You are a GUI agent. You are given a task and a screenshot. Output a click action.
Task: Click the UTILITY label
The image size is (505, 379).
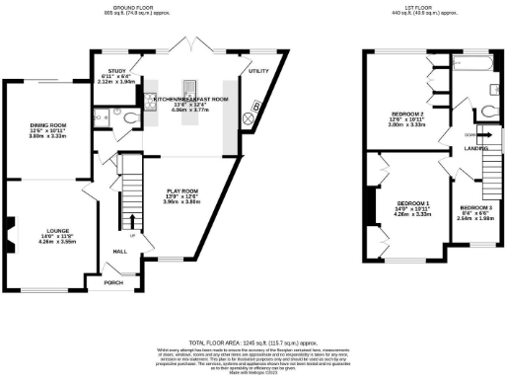coord(258,71)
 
